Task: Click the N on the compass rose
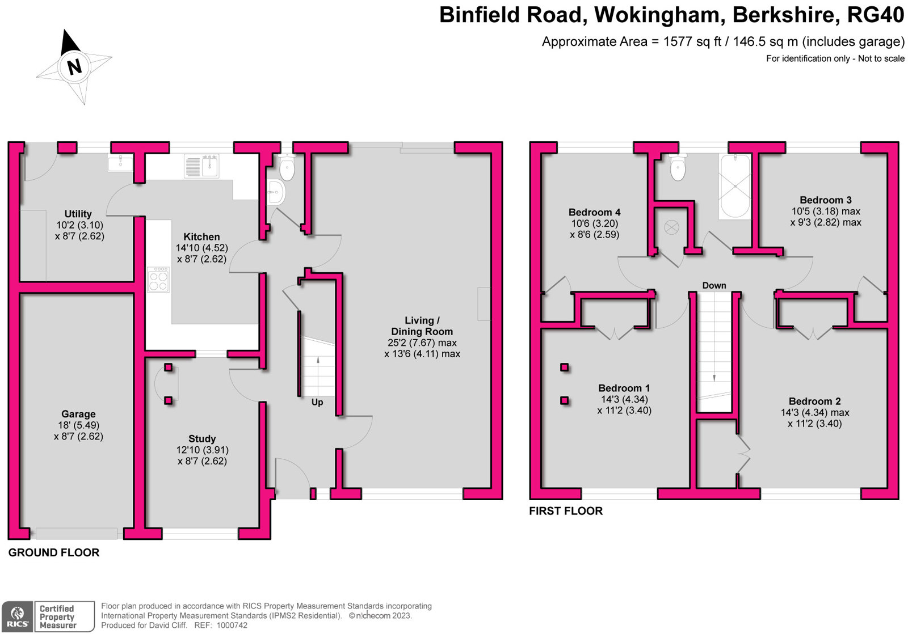[x=74, y=67]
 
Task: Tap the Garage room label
[x=78, y=414]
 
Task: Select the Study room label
[x=202, y=439]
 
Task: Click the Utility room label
[x=78, y=214]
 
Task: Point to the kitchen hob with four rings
[x=158, y=280]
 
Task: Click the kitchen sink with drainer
[x=201, y=166]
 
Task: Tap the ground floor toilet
[x=287, y=168]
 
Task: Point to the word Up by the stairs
[x=317, y=402]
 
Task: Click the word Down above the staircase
[x=714, y=285]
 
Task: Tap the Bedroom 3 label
[x=826, y=200]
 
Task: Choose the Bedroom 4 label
[x=594, y=212]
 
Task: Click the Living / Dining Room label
[x=422, y=326]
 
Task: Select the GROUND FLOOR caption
[x=54, y=552]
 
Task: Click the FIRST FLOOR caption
[x=566, y=511]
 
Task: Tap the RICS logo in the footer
[x=18, y=617]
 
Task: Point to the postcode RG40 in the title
[x=875, y=15]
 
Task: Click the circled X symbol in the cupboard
[x=671, y=228]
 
